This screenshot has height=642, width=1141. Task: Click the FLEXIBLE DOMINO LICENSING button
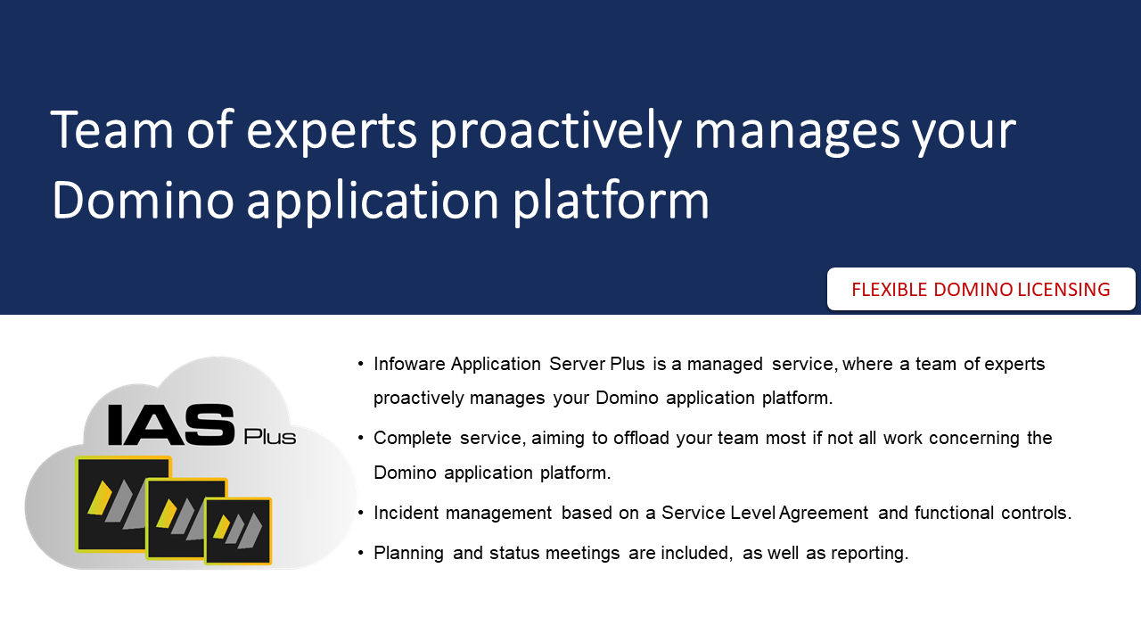click(981, 289)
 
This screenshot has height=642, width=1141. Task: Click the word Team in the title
click(112, 129)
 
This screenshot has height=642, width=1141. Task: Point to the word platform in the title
click(611, 201)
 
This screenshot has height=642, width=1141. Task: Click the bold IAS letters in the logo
click(172, 424)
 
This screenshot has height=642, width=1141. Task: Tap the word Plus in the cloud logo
click(269, 437)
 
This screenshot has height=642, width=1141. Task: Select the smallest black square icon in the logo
click(238, 531)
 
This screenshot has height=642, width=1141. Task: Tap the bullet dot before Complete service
click(361, 438)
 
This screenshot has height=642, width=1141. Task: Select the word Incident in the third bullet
click(406, 513)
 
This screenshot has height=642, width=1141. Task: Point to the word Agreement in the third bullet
click(823, 514)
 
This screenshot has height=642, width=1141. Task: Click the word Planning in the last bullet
click(408, 554)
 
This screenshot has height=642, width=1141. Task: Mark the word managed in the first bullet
click(725, 365)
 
